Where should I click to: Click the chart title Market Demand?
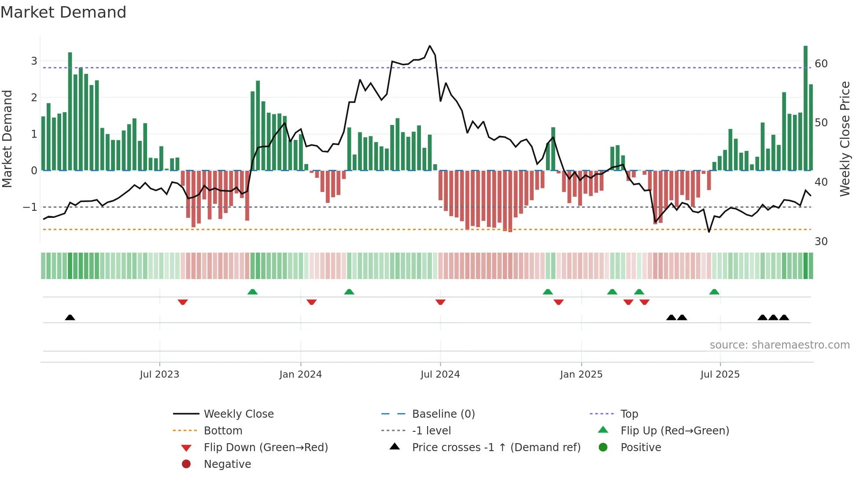coord(63,12)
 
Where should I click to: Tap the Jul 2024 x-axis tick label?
coord(440,375)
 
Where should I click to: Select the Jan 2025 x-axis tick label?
coord(581,375)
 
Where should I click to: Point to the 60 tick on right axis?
coord(821,64)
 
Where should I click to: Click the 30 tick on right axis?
coord(821,242)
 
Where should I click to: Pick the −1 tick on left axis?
coord(30,207)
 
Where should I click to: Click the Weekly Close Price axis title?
coord(845,139)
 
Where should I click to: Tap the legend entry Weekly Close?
coord(238,414)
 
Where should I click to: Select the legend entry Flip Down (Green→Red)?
coord(266,448)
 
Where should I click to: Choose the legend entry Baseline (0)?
coord(443,414)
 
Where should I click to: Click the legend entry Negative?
coord(227,464)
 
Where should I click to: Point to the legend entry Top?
coord(629,414)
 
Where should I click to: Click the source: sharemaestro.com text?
coord(779,345)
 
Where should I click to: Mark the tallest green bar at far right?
coord(805,108)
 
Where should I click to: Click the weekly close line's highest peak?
coord(430,46)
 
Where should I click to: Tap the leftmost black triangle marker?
coord(70,317)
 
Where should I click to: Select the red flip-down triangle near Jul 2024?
coord(440,302)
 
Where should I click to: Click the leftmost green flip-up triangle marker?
coord(252,292)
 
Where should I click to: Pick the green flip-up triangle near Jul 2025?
coord(714,292)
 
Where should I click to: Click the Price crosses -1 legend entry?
coord(496,448)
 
